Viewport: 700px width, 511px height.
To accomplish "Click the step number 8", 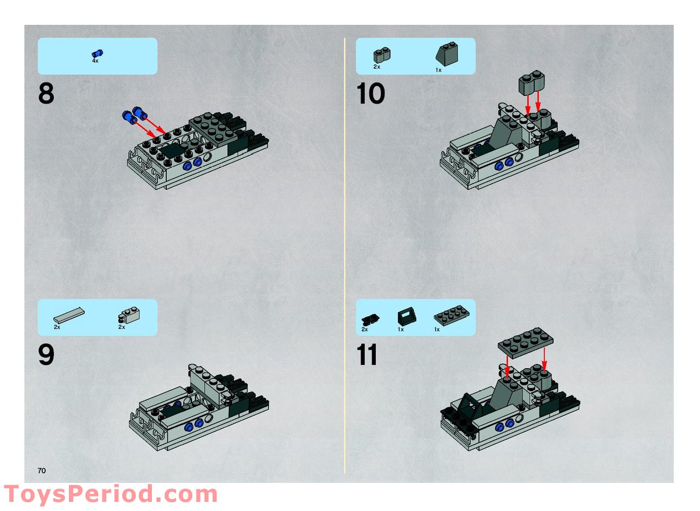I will pyautogui.click(x=46, y=94).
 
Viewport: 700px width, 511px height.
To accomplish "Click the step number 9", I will pyautogui.click(x=46, y=355).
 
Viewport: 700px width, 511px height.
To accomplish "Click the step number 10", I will pyautogui.click(x=370, y=94).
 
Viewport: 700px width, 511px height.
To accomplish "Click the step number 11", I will pyautogui.click(x=367, y=355).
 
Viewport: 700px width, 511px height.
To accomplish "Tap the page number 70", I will pyautogui.click(x=41, y=471).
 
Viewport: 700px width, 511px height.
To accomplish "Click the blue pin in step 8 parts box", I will pyautogui.click(x=97, y=53).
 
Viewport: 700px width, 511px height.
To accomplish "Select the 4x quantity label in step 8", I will pyautogui.click(x=95, y=61).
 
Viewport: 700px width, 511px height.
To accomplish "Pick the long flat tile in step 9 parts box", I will pyautogui.click(x=68, y=315).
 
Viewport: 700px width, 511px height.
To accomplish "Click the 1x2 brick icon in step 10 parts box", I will pyautogui.click(x=381, y=55).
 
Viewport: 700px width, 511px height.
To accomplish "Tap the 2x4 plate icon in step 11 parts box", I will pyautogui.click(x=451, y=315).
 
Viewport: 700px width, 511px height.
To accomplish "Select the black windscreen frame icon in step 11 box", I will pyautogui.click(x=405, y=316).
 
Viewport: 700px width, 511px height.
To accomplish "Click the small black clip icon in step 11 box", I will pyautogui.click(x=369, y=319).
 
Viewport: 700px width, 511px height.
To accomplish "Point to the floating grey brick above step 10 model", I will pyautogui.click(x=531, y=82).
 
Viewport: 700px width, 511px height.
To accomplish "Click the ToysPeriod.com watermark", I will pyautogui.click(x=110, y=494).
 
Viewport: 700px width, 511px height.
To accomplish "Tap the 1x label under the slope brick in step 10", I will pyautogui.click(x=438, y=70).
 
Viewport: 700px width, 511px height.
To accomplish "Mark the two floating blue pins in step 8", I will pyautogui.click(x=135, y=114).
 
